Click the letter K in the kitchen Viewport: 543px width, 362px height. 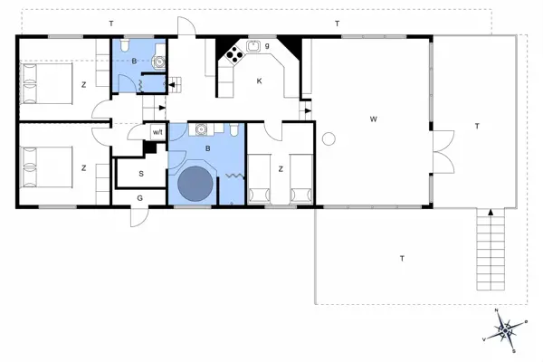(259, 81)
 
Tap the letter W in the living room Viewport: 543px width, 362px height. (372, 119)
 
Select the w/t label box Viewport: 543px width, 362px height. (157, 132)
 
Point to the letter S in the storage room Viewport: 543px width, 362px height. (141, 172)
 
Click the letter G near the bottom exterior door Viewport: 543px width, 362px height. (139, 197)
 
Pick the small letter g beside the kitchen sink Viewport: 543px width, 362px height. (267, 45)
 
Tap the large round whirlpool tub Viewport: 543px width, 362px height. (195, 184)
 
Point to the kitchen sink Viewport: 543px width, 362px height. (254, 45)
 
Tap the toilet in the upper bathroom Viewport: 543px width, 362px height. (127, 47)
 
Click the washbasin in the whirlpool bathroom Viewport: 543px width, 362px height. (204, 129)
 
